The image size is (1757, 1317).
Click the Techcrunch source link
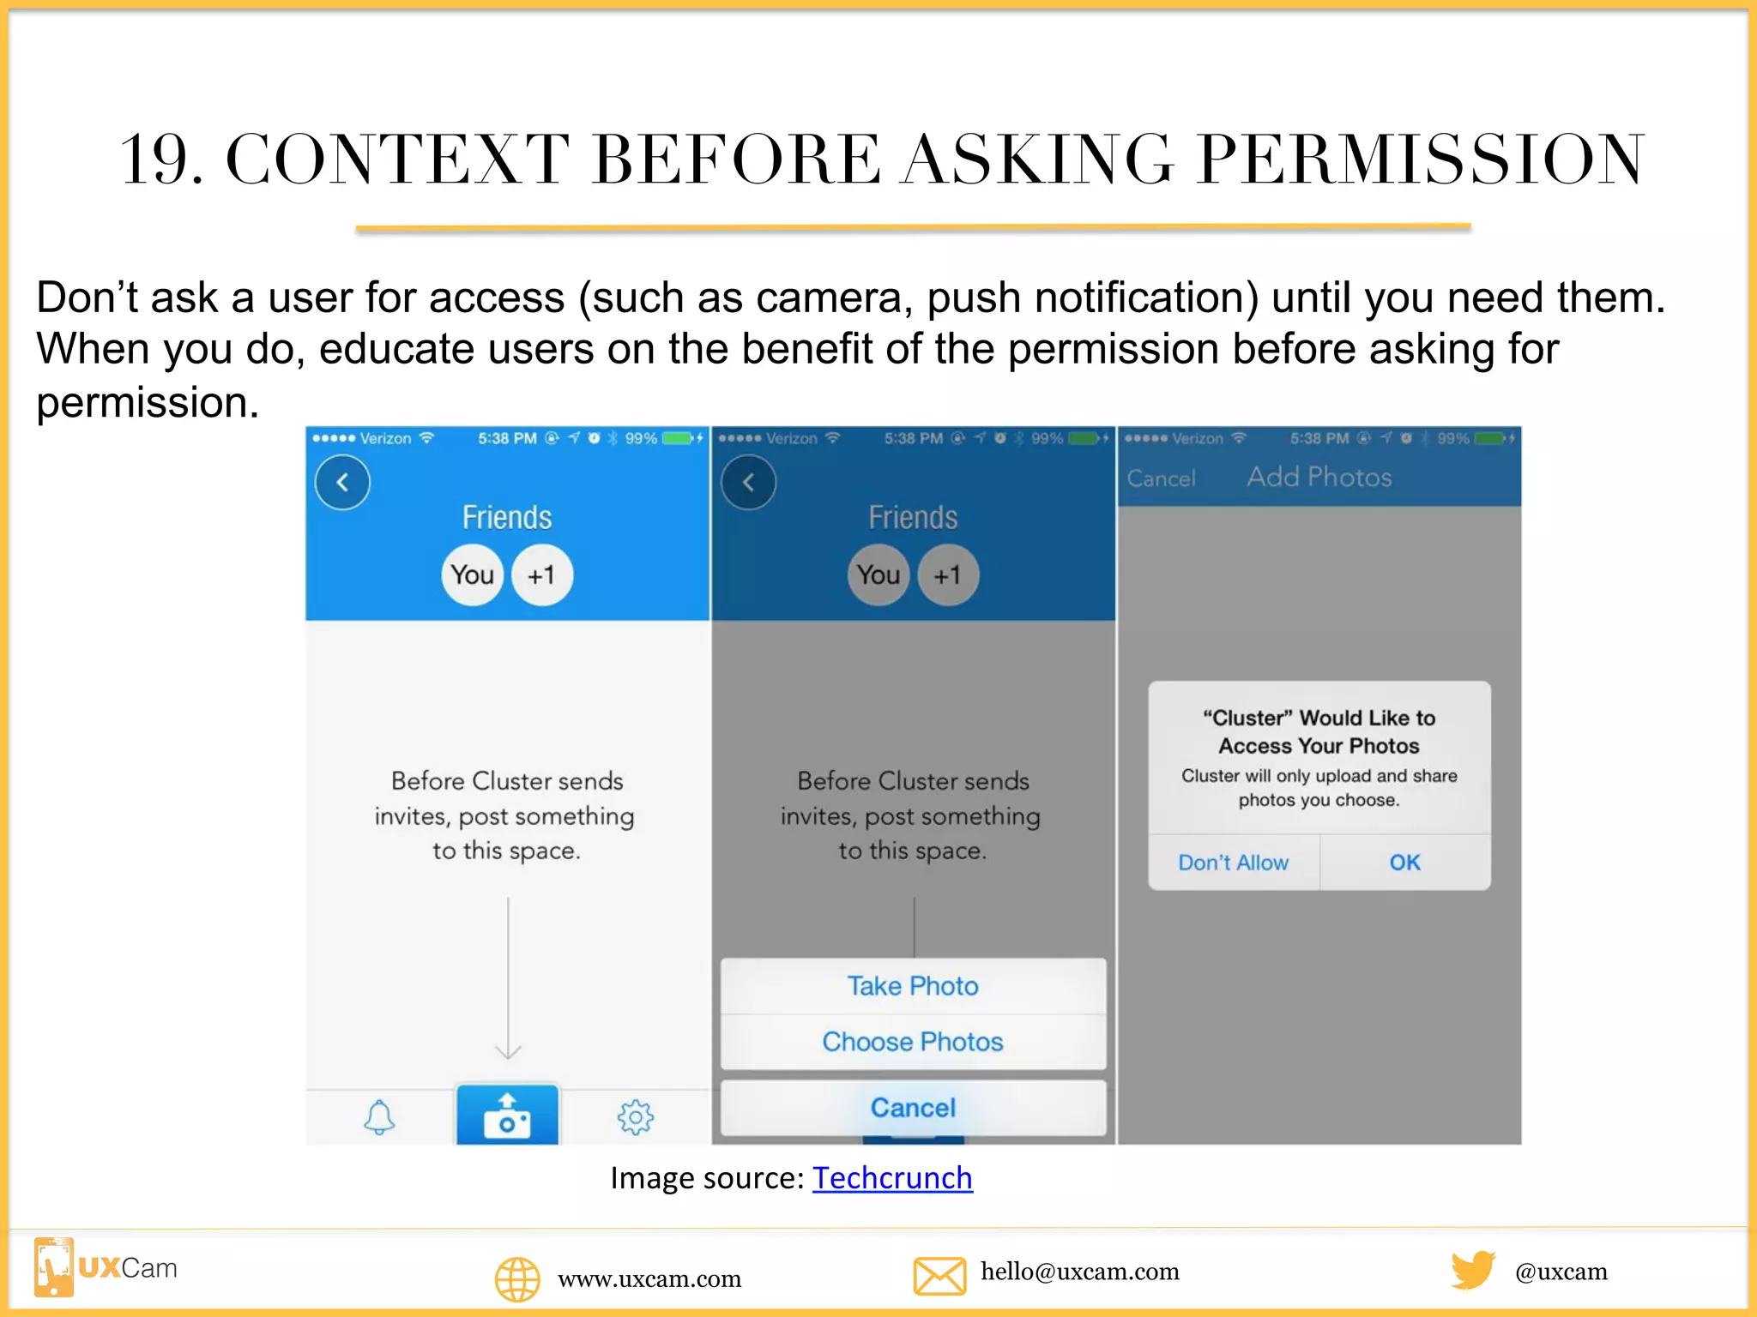point(892,1178)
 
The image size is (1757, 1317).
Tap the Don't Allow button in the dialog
point(1233,863)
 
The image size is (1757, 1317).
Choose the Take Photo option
point(913,986)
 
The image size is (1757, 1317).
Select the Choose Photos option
point(913,1042)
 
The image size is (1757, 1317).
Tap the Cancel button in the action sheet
point(913,1108)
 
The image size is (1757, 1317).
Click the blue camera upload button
point(507,1116)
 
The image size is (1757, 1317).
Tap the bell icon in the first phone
point(379,1117)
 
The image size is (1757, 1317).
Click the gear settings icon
point(635,1117)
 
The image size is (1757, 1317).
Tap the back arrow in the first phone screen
point(342,483)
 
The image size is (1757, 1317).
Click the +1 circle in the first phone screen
point(541,575)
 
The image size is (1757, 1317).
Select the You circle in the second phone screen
point(878,575)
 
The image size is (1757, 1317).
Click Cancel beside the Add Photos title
point(1161,478)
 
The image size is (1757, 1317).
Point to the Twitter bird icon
point(1472,1270)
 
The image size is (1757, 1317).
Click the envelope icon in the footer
point(939,1275)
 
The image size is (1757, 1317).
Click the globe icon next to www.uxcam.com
point(517,1279)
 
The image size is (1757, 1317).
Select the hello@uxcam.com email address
point(1080,1272)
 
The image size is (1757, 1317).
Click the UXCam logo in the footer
point(106,1268)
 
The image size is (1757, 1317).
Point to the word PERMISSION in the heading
point(1421,160)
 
